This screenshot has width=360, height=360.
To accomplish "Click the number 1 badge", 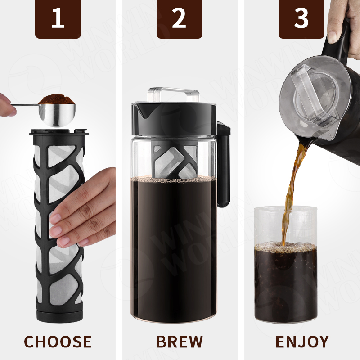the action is (x=58, y=18).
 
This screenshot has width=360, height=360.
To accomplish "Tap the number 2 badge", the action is (x=179, y=18).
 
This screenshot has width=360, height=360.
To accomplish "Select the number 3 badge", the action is (x=301, y=18).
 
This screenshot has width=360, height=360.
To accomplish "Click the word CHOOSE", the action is (x=58, y=342).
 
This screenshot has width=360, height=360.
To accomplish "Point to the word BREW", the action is (x=180, y=342).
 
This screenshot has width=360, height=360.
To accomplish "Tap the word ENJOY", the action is (x=302, y=342).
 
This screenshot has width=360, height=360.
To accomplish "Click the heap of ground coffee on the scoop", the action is (x=57, y=99).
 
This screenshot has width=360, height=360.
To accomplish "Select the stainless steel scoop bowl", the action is (x=57, y=115).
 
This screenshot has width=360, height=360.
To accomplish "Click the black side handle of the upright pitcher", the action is (x=224, y=164).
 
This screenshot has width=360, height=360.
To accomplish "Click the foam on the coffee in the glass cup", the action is (x=286, y=247).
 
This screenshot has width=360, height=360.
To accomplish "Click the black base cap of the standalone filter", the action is (x=59, y=316).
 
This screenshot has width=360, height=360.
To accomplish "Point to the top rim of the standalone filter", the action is (x=59, y=132).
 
